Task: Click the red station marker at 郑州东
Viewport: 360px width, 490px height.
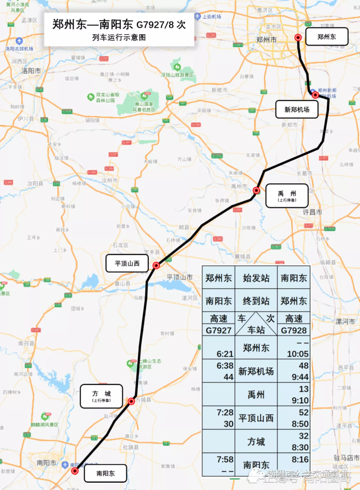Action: point(298,38)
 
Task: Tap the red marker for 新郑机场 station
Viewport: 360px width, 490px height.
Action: point(316,95)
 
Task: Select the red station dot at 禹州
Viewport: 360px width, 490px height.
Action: point(257,190)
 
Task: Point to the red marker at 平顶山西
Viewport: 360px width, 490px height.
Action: point(157,265)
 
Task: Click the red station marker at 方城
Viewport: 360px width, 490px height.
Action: point(131,401)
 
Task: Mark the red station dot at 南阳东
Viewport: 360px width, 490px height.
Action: point(75,471)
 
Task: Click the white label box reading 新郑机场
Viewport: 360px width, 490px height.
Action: point(297,110)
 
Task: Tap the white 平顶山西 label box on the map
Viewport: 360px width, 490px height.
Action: point(127,263)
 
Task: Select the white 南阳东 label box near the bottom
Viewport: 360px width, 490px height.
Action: point(106,474)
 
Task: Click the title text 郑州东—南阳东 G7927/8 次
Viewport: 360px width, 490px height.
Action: point(119,25)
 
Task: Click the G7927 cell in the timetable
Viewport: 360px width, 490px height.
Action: point(218,330)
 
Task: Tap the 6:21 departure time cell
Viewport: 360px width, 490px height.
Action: point(218,353)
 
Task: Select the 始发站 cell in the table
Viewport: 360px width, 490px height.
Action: point(256,278)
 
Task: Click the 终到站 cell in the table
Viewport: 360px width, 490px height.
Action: point(256,301)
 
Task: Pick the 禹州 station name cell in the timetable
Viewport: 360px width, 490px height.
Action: point(256,394)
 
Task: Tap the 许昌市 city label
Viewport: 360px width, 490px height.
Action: point(312,212)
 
